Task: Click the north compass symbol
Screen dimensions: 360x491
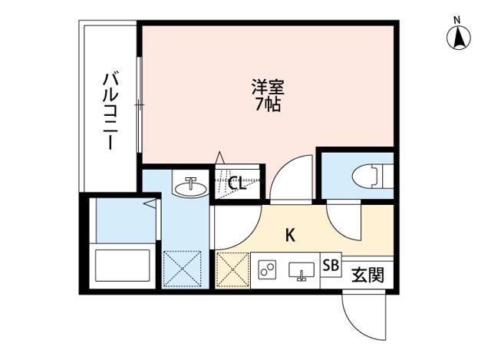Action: point(458,36)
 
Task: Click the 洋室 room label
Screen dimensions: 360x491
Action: point(268,85)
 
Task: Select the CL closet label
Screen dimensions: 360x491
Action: point(237,183)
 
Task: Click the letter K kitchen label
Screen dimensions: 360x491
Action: point(291,234)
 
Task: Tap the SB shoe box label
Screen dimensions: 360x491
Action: point(331,266)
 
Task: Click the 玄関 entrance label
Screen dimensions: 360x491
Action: point(367,273)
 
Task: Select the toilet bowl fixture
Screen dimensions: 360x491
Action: point(367,176)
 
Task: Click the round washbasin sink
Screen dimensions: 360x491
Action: point(189,187)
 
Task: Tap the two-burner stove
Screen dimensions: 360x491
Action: point(268,270)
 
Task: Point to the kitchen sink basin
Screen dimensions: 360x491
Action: point(301,270)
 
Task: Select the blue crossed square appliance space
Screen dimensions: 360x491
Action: point(182,270)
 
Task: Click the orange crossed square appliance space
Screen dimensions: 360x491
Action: point(232,271)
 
